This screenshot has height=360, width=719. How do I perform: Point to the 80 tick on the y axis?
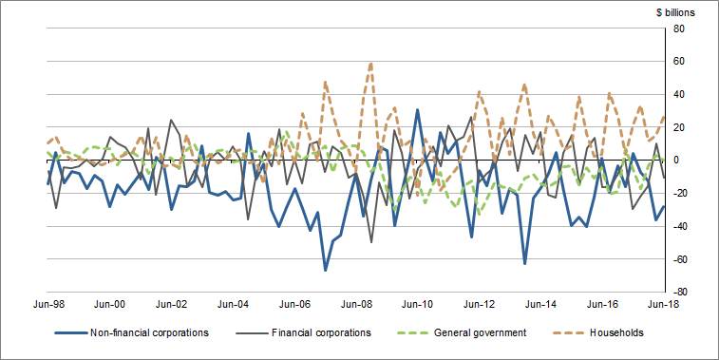tap(680, 28)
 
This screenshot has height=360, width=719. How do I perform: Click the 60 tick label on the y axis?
tap(680, 62)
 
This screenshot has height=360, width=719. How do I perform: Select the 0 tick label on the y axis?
tap(677, 161)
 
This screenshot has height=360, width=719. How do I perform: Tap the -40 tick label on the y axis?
tap(682, 226)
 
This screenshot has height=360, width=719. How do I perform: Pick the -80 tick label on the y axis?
tap(682, 292)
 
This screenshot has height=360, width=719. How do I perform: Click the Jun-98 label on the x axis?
tap(48, 304)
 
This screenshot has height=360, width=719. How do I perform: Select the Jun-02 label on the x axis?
tap(172, 304)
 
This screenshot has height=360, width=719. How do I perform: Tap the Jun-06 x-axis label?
tap(294, 304)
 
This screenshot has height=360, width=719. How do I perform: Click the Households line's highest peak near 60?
tap(371, 63)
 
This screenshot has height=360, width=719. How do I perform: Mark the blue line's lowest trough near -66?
tap(325, 271)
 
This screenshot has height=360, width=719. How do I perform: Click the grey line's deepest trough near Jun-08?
tap(371, 242)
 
